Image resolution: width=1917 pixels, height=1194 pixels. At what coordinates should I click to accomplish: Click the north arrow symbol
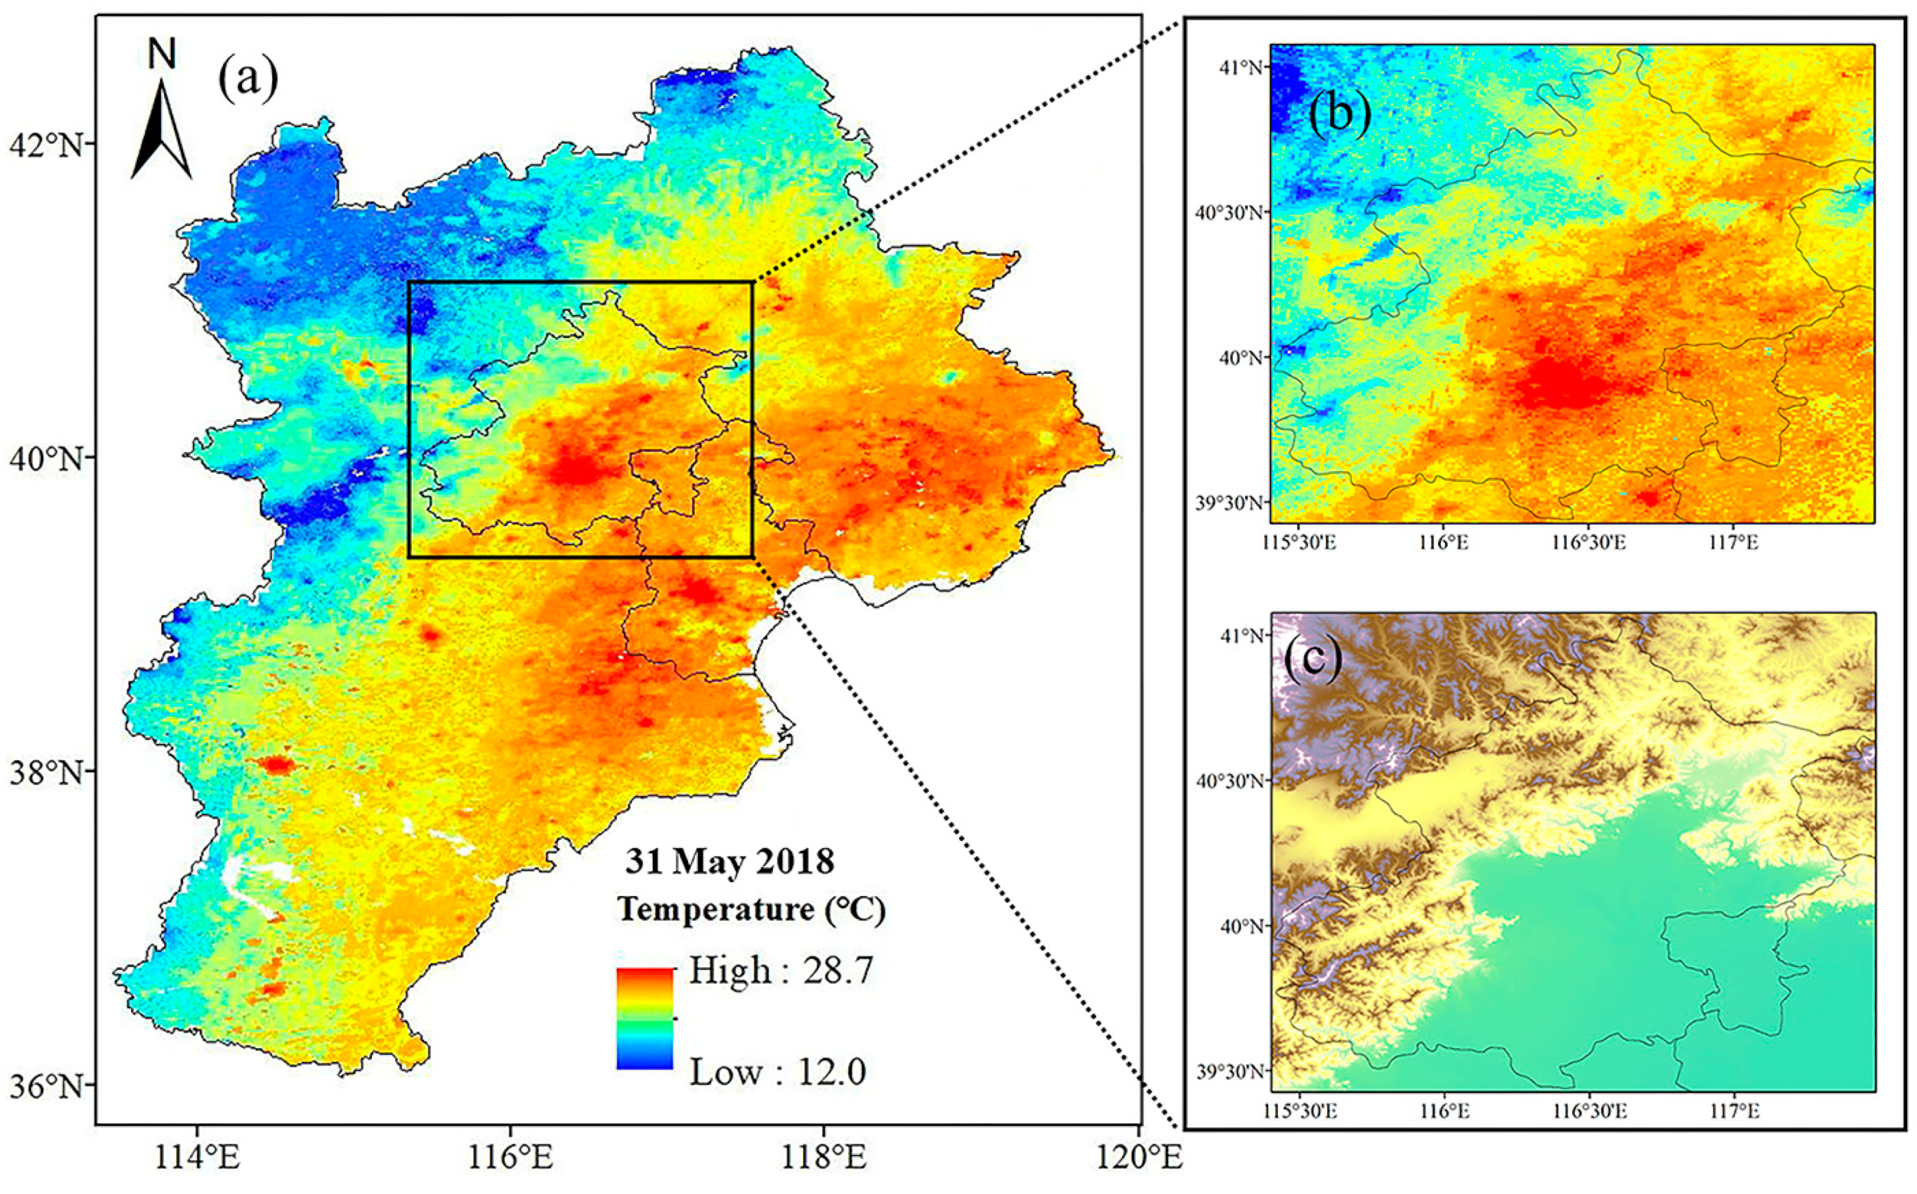(162, 130)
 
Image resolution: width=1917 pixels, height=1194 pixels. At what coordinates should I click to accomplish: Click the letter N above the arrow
(162, 53)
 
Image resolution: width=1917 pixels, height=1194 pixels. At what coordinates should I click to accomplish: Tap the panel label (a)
(248, 79)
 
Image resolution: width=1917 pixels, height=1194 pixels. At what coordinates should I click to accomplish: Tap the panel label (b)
(1339, 114)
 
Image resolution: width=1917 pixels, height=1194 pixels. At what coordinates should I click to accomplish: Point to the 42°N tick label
(46, 145)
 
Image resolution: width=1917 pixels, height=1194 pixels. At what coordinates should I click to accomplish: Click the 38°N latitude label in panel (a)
(46, 772)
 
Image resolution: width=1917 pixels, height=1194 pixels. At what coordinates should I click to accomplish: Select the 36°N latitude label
(46, 1085)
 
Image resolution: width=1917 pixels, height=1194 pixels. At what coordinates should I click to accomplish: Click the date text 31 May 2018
(729, 862)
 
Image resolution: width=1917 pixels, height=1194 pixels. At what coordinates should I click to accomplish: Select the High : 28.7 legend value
(780, 970)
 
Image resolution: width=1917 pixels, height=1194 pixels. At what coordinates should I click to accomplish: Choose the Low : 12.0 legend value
(778, 1072)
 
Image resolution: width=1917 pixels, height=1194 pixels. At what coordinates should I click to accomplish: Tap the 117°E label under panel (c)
(1735, 1111)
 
